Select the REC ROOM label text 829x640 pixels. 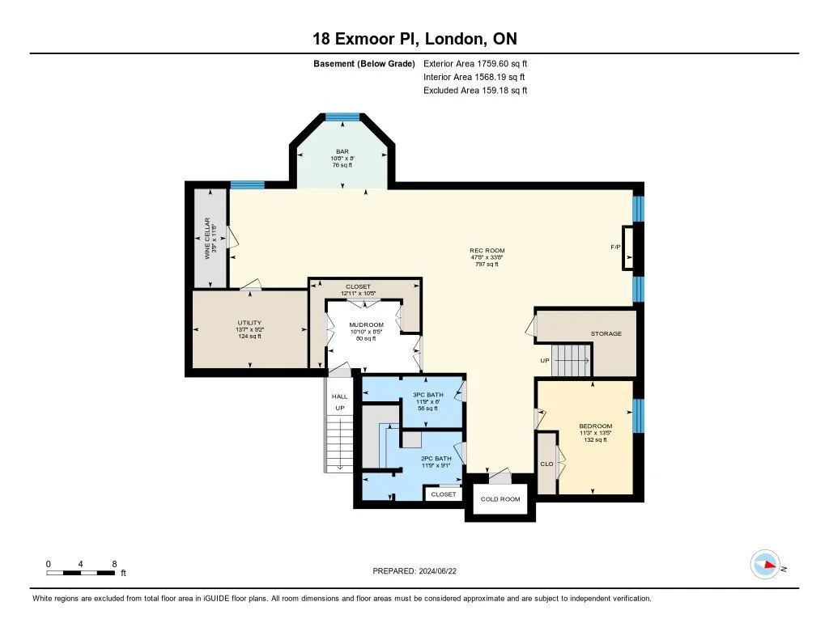click(x=487, y=251)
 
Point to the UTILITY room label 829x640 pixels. click(x=249, y=323)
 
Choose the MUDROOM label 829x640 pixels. click(x=366, y=325)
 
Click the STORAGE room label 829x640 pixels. click(x=606, y=333)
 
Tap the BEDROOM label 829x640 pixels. click(x=595, y=426)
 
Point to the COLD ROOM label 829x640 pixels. click(x=500, y=499)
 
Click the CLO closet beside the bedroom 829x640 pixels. click(x=546, y=464)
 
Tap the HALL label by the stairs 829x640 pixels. click(x=339, y=396)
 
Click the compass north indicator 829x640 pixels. click(x=765, y=565)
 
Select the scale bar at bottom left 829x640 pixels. click(x=81, y=573)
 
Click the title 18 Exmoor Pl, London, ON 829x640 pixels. click(x=414, y=38)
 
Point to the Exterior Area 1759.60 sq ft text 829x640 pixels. click(x=475, y=63)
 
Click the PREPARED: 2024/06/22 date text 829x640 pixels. click(x=419, y=570)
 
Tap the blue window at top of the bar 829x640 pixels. click(x=342, y=117)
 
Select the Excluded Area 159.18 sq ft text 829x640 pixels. click(x=475, y=91)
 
